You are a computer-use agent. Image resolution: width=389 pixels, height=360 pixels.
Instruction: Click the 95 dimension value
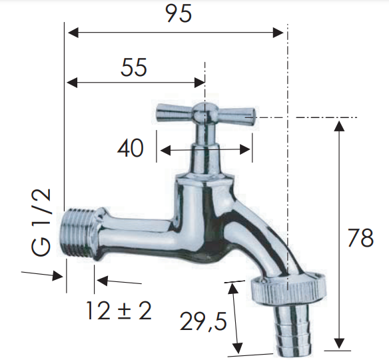pos(179,13)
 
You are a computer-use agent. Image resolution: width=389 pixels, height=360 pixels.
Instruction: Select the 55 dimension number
pos(134,67)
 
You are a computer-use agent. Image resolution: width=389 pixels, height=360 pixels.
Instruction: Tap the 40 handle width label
pos(131,148)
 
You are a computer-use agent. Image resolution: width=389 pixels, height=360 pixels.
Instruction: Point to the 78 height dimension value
pos(360,238)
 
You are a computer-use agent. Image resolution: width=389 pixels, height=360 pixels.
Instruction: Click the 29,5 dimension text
pos(203,322)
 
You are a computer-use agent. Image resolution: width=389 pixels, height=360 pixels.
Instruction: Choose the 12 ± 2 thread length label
pos(119,311)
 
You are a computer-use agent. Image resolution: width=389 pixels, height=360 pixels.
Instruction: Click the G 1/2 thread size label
pos(41,222)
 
